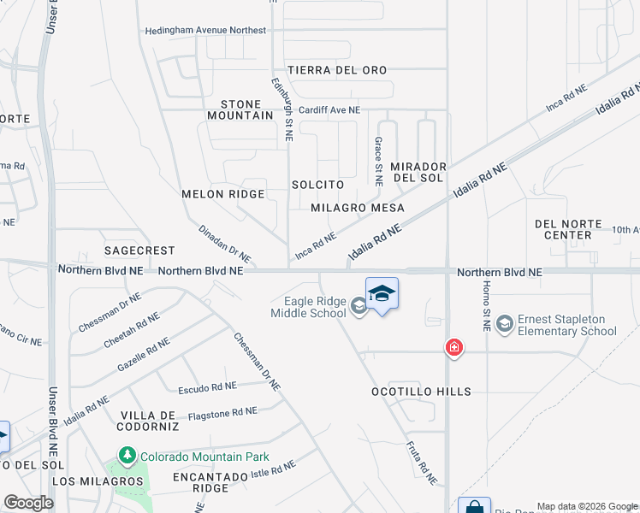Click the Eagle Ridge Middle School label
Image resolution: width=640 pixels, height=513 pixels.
tap(308, 307)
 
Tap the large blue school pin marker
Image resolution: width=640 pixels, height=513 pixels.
tap(382, 295)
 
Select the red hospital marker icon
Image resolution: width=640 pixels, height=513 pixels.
tap(453, 347)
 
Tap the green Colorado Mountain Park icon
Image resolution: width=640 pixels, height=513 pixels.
tap(127, 457)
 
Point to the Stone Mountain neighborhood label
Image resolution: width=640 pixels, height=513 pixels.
tap(240, 109)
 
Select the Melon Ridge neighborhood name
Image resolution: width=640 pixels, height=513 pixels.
tap(223, 194)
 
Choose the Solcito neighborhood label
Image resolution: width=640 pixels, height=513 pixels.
tap(317, 185)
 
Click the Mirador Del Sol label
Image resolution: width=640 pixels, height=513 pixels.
tap(418, 172)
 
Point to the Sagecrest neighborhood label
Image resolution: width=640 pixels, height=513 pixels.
tap(139, 251)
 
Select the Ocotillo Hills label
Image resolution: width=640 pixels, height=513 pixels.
tap(421, 392)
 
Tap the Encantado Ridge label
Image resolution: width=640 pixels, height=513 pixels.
tap(201, 482)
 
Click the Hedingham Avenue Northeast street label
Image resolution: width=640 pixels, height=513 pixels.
tap(205, 30)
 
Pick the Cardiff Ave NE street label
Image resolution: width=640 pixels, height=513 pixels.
tap(329, 110)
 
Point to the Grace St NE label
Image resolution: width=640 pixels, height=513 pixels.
tap(376, 161)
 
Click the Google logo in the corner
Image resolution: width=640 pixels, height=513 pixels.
tap(28, 503)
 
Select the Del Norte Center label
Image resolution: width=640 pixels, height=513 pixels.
tap(563, 229)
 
